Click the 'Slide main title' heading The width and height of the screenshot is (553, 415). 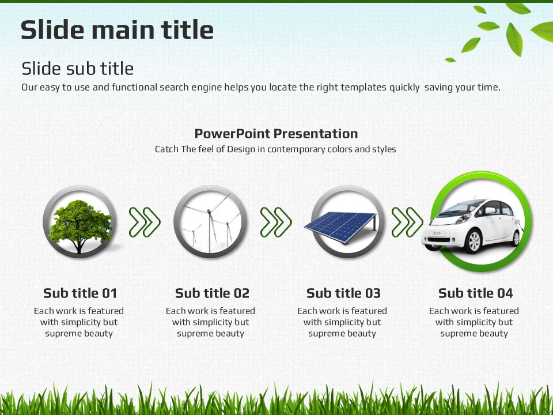pyautogui.click(x=117, y=29)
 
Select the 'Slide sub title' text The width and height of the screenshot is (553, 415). pyautogui.click(x=78, y=69)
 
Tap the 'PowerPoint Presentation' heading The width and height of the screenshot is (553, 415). pyautogui.click(x=276, y=133)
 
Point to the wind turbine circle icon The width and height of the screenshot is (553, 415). pyautogui.click(x=210, y=221)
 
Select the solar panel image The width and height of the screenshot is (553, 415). pyautogui.click(x=340, y=227)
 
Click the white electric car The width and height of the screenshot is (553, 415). pyautogui.click(x=472, y=225)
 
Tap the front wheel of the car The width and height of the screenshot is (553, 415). pyautogui.click(x=473, y=242)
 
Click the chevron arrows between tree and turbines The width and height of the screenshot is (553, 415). pyautogui.click(x=145, y=222)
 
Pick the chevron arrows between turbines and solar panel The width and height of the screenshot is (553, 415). pyautogui.click(x=276, y=222)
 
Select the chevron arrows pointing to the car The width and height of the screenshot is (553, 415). pyautogui.click(x=407, y=222)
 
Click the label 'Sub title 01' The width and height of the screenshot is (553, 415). pyautogui.click(x=80, y=293)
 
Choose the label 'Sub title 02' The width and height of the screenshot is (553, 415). pyautogui.click(x=212, y=293)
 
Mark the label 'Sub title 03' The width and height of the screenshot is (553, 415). pyautogui.click(x=343, y=293)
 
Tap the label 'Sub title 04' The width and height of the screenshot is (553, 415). pyautogui.click(x=475, y=293)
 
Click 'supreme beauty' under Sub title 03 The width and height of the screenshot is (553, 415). pyautogui.click(x=342, y=334)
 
